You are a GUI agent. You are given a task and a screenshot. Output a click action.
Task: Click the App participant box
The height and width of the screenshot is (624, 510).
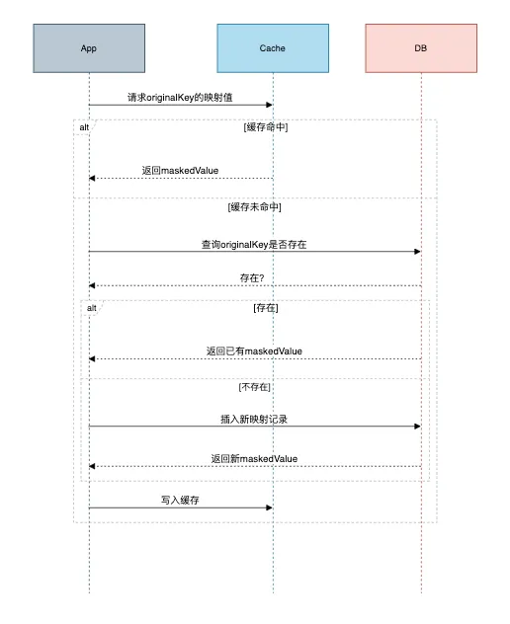(x=89, y=48)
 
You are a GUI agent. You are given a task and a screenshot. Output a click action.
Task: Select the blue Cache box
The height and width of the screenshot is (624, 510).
(x=273, y=48)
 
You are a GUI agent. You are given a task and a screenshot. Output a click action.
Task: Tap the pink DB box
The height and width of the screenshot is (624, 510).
(x=421, y=48)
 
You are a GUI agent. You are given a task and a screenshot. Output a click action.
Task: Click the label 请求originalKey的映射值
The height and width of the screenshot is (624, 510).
(x=180, y=98)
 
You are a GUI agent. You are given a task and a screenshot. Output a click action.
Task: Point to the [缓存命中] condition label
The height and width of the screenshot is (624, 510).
(x=266, y=127)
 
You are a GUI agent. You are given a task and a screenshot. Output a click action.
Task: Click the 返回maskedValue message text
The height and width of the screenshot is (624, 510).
(x=180, y=171)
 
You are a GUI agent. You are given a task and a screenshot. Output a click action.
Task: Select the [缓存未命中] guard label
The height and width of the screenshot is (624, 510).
(x=255, y=207)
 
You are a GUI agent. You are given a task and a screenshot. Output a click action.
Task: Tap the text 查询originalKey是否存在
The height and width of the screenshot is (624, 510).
(x=254, y=244)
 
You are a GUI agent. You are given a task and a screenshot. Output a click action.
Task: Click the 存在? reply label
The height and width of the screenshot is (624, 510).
(x=252, y=278)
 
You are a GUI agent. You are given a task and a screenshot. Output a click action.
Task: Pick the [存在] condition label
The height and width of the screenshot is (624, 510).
(x=266, y=308)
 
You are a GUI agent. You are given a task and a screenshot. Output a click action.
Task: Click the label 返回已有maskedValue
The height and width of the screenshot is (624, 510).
(x=254, y=351)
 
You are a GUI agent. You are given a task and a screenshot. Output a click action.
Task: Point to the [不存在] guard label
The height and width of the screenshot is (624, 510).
(x=255, y=387)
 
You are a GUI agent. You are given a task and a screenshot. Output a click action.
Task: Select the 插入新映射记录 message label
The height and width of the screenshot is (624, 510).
(x=254, y=419)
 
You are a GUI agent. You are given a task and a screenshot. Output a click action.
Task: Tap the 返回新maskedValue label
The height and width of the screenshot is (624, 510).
(x=254, y=459)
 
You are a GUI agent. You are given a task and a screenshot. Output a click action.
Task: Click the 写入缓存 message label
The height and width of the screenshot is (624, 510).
(x=180, y=501)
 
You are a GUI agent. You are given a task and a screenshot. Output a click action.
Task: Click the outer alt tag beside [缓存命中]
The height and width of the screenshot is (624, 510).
(x=84, y=127)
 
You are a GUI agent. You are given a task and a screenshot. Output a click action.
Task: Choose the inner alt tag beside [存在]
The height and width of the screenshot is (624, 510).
(x=92, y=308)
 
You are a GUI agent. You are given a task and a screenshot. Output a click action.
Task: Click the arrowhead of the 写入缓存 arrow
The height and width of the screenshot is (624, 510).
(x=270, y=507)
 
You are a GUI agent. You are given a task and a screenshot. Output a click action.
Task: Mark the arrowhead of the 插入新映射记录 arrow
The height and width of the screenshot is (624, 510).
(x=418, y=427)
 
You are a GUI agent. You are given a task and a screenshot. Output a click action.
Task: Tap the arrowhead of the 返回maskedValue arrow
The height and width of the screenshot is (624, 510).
(x=92, y=179)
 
